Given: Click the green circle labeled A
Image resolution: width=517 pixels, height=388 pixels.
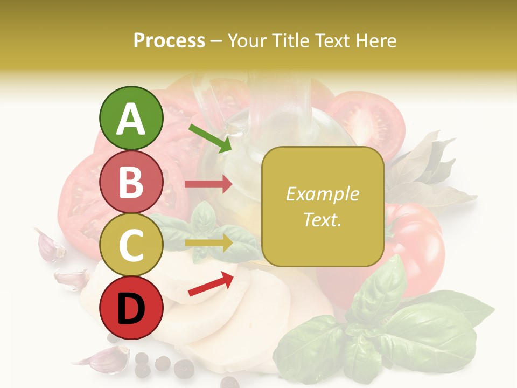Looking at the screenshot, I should pyautogui.click(x=131, y=119).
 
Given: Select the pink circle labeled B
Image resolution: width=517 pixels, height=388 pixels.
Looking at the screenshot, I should pyautogui.click(x=131, y=182).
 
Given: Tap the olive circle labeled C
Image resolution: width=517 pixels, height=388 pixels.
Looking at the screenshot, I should pyautogui.click(x=131, y=245).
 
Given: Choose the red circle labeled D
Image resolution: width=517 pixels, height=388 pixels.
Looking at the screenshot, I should pyautogui.click(x=131, y=308).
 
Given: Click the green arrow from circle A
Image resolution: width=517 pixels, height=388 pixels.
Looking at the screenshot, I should pyautogui.click(x=210, y=137).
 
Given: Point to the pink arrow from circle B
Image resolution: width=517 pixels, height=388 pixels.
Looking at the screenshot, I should pyautogui.click(x=208, y=184).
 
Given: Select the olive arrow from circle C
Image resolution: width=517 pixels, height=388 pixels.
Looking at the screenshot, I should pyautogui.click(x=208, y=243).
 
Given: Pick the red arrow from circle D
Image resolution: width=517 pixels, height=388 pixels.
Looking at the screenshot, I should pyautogui.click(x=211, y=284).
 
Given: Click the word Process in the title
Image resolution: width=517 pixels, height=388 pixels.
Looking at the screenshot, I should pyautogui.click(x=169, y=40).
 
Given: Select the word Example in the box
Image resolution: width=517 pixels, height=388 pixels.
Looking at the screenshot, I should pyautogui.click(x=322, y=195).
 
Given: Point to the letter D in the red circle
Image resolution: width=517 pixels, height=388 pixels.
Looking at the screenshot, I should pyautogui.click(x=131, y=309).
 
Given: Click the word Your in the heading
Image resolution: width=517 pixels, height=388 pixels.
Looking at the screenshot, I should pyautogui.click(x=247, y=40).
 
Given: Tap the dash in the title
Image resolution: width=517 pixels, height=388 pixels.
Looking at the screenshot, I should pyautogui.click(x=216, y=41).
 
